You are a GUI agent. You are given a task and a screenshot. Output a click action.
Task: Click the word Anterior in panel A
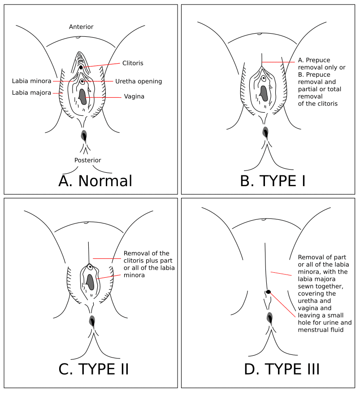[81, 27]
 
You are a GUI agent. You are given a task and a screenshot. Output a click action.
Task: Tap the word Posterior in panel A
[88, 160]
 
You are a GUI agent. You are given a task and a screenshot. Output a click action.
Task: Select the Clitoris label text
[133, 63]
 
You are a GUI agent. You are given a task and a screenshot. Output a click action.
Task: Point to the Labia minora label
[31, 81]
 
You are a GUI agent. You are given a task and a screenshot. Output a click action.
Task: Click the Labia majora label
[31, 93]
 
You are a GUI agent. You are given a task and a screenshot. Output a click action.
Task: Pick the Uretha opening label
[139, 81]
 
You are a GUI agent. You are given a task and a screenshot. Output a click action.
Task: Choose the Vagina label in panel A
[134, 96]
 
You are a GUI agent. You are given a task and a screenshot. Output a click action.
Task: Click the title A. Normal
[95, 181]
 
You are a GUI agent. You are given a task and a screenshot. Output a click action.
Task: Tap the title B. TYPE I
[273, 181]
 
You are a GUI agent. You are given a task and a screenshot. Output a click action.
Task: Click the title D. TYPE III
[282, 369]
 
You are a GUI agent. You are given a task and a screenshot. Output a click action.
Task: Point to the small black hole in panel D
[268, 292]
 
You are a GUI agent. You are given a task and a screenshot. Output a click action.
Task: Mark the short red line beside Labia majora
[57, 93]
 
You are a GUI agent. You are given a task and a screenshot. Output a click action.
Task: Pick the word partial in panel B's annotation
[307, 89]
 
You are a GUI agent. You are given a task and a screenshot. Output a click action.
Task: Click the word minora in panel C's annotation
[134, 275]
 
